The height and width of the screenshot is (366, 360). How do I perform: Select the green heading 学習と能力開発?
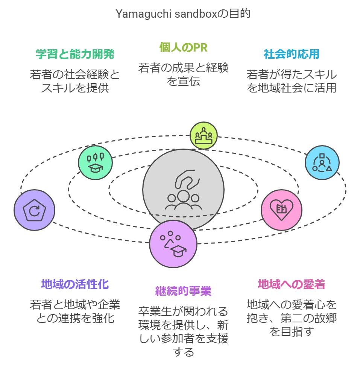click(75, 54)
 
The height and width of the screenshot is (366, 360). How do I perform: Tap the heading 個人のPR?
click(183, 47)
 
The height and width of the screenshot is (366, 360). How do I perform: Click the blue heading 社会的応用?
click(292, 54)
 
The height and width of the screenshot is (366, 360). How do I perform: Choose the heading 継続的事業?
click(183, 291)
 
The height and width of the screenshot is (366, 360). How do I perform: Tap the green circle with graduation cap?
click(96, 162)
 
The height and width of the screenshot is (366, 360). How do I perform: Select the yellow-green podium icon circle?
click(204, 135)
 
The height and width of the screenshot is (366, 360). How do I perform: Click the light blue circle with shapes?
click(322, 162)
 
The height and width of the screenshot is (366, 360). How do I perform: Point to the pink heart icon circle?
click(282, 210)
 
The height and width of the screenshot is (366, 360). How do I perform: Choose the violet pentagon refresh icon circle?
click(34, 210)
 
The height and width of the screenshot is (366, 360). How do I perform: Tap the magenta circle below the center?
click(173, 244)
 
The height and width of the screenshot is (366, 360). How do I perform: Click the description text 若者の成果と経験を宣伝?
click(183, 74)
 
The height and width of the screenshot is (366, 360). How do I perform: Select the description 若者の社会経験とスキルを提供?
click(75, 81)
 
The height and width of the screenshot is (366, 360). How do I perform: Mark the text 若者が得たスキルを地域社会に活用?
click(292, 81)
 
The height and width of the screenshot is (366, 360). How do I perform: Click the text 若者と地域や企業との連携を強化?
click(75, 311)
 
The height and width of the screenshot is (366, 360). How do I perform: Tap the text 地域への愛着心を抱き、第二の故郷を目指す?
click(292, 318)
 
